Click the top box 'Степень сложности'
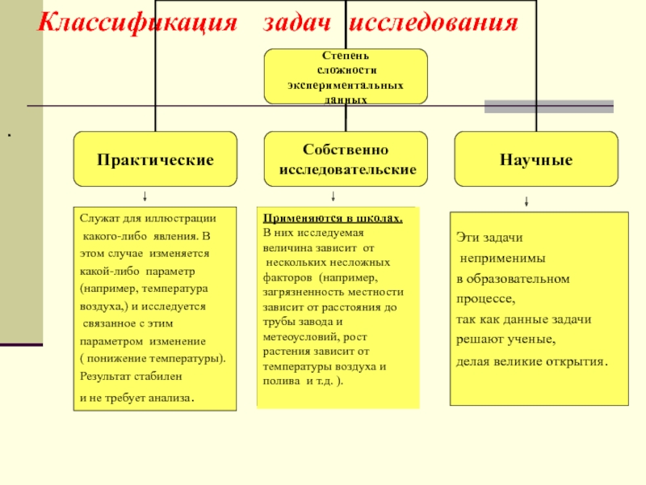coord(346,75)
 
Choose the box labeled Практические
coord(156,159)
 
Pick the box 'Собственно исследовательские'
coord(346,159)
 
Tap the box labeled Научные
coord(536,159)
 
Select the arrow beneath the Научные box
coord(526,201)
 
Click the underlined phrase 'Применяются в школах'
coord(333,219)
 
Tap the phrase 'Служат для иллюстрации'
coord(148,219)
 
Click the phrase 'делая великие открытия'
coord(531,361)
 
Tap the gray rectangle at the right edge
coord(548,106)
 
